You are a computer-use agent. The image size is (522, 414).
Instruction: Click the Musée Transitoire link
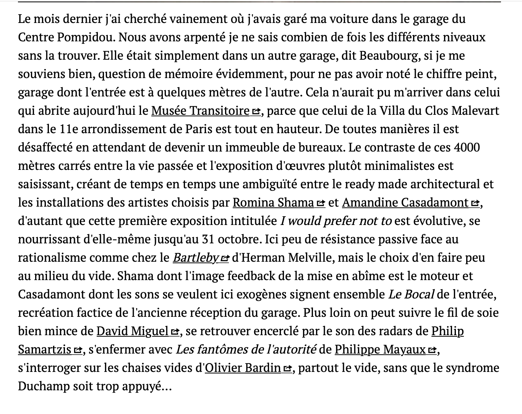click(x=200, y=111)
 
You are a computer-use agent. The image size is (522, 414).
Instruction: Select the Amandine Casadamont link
click(x=405, y=203)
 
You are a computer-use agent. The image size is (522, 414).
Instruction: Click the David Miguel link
click(x=132, y=331)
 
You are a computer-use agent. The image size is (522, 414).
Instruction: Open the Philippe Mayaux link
click(x=380, y=350)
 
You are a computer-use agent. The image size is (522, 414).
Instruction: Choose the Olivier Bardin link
click(x=243, y=368)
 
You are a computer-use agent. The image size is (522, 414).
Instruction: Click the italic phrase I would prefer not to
click(x=336, y=221)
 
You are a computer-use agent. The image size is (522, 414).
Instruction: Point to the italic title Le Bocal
click(x=411, y=295)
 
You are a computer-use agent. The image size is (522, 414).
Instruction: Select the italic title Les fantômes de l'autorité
click(x=246, y=350)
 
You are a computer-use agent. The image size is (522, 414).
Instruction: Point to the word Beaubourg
click(x=388, y=56)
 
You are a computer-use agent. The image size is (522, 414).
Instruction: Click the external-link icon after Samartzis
click(x=78, y=350)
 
